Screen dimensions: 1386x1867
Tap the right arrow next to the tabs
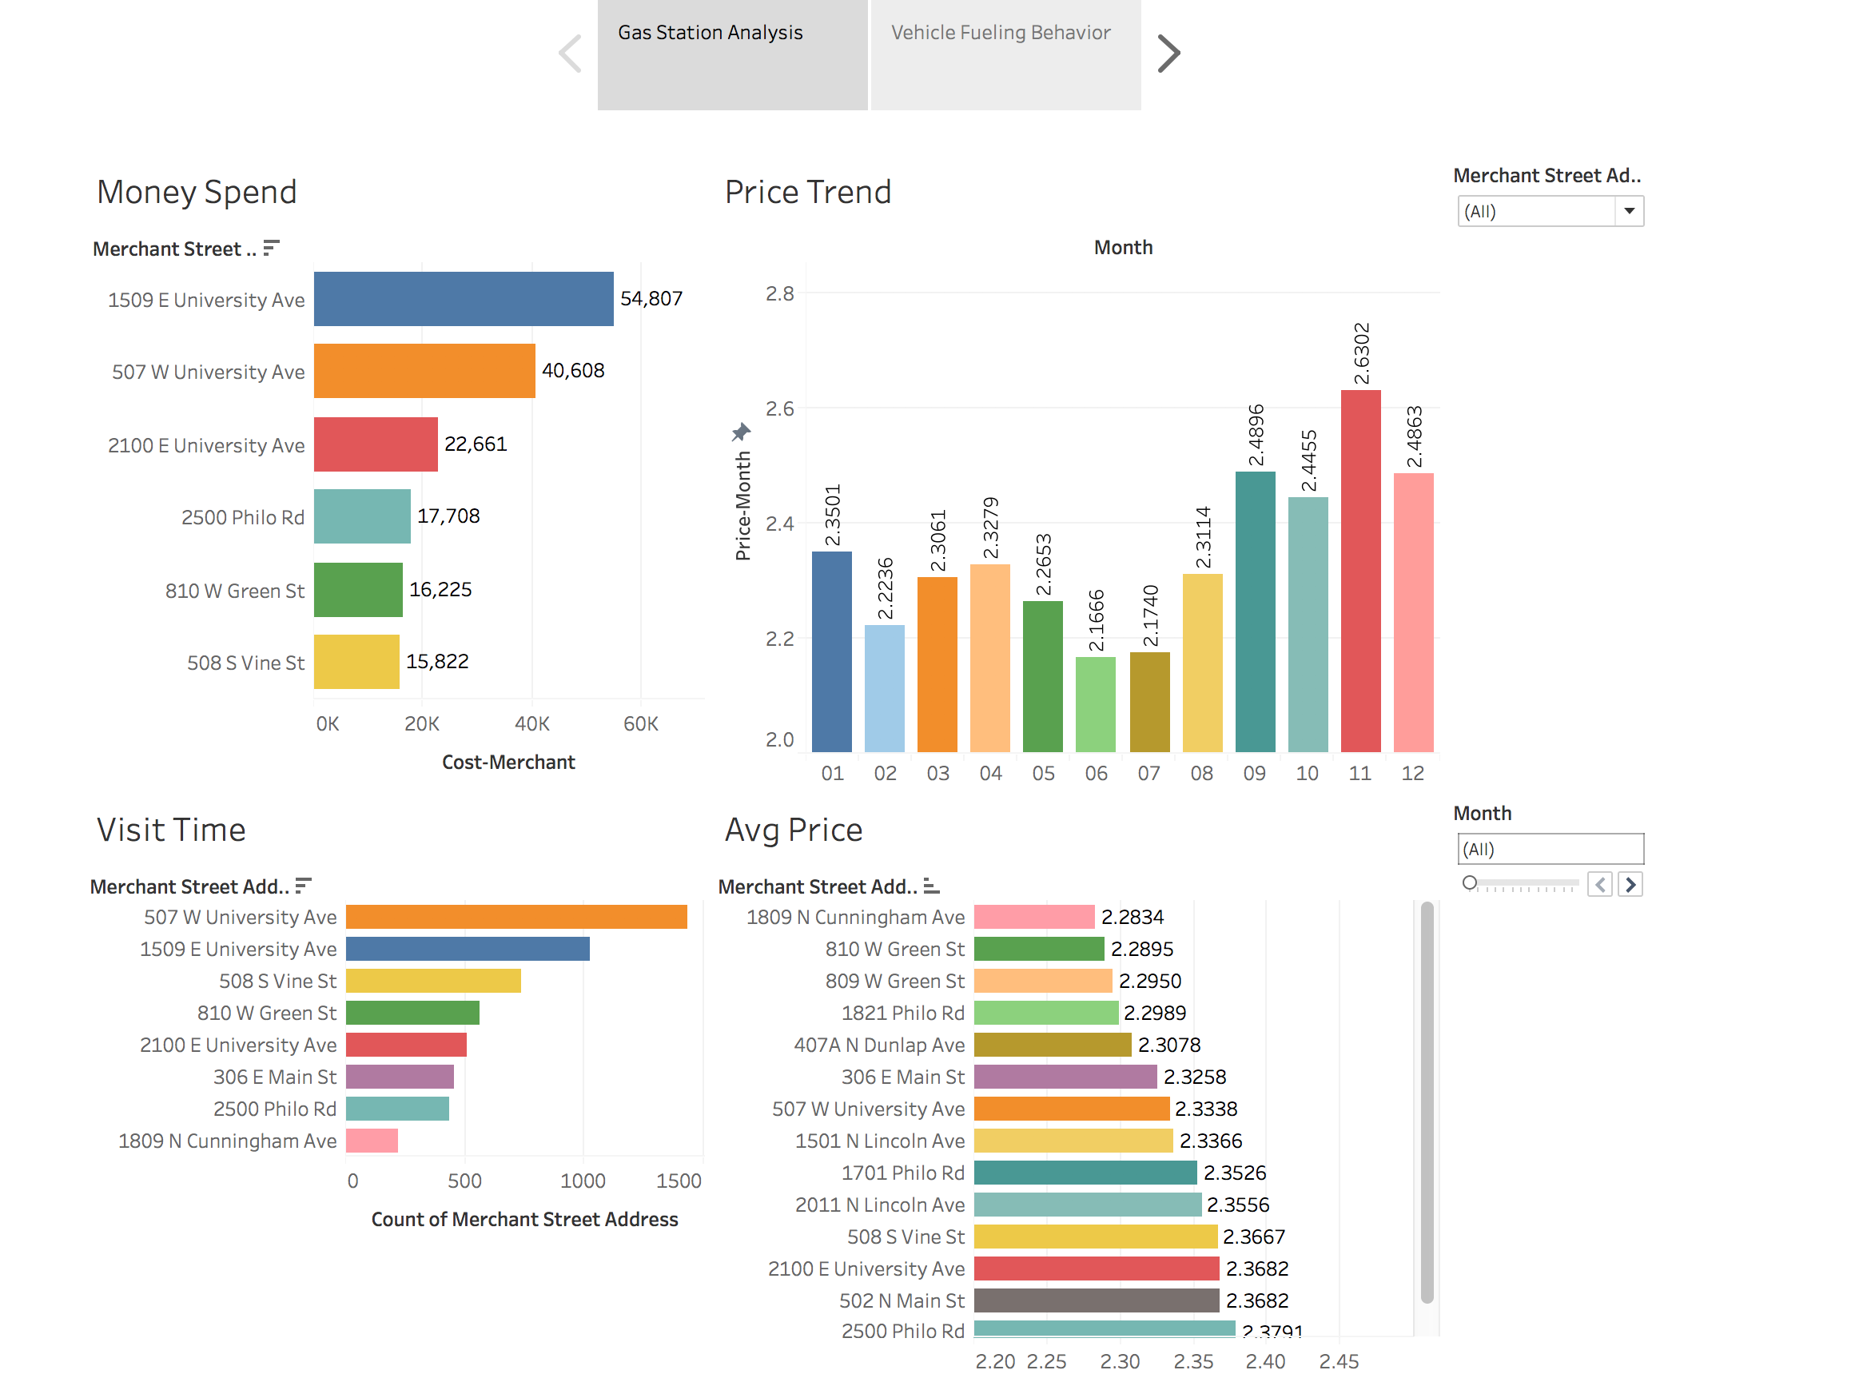pyautogui.click(x=1168, y=54)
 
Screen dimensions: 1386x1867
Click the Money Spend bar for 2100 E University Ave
pyautogui.click(x=375, y=444)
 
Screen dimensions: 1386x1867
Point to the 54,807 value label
pyautogui.click(x=651, y=299)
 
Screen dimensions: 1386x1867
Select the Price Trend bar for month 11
pyautogui.click(x=1359, y=571)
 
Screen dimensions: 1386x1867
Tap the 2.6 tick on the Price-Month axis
pyautogui.click(x=779, y=408)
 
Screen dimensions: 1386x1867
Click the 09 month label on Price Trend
pyautogui.click(x=1254, y=774)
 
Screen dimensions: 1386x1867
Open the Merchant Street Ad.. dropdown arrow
pyautogui.click(x=1629, y=212)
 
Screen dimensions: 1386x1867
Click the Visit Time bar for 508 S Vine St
pyautogui.click(x=432, y=981)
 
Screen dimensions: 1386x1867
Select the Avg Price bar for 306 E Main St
pyautogui.click(x=1065, y=1077)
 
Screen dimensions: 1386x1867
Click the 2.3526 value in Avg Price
pyautogui.click(x=1234, y=1172)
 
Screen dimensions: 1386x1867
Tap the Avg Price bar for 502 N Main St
pyautogui.click(x=1096, y=1300)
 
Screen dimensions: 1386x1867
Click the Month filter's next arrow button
pyautogui.click(x=1630, y=884)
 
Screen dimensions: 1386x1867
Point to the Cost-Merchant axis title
pyautogui.click(x=508, y=762)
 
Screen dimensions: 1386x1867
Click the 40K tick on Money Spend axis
pyautogui.click(x=531, y=723)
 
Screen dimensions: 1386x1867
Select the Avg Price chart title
pyautogui.click(x=793, y=830)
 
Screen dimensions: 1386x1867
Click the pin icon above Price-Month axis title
pyautogui.click(x=741, y=432)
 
